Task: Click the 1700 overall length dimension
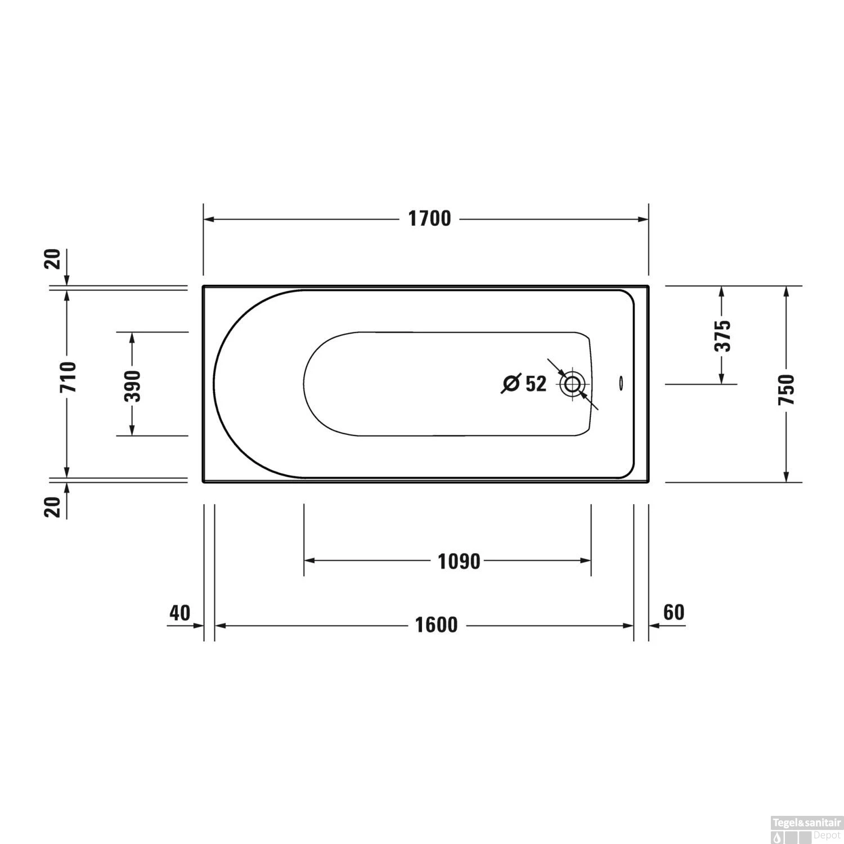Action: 429,219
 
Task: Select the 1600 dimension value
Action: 436,625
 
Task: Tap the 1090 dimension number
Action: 459,561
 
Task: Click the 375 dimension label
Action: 722,336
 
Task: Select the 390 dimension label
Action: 132,385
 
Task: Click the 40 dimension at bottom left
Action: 179,613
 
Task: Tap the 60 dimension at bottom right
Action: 674,612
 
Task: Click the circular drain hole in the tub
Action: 573,384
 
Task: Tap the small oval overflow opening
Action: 620,383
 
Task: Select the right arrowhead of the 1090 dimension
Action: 586,560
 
